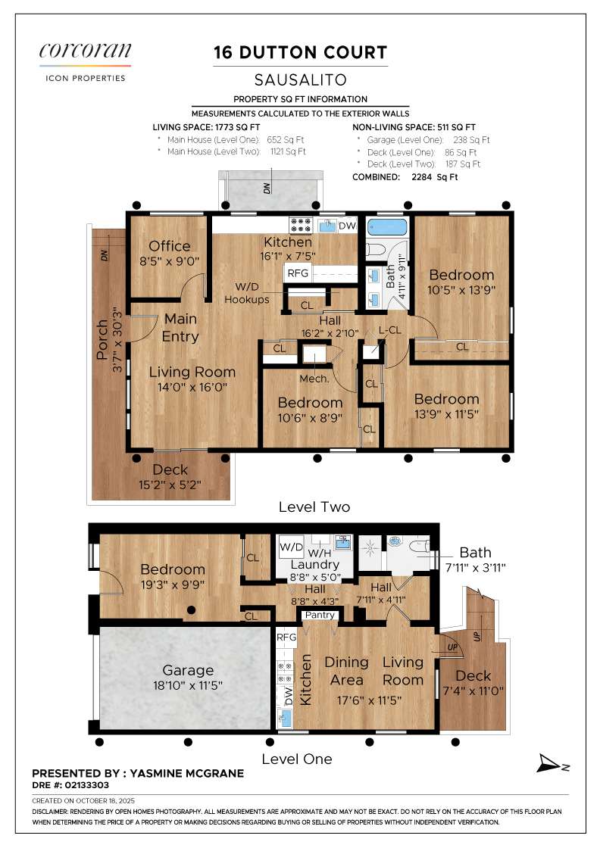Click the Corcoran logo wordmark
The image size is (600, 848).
tap(85, 50)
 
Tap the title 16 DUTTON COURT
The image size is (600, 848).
tap(300, 52)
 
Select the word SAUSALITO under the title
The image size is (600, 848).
tap(300, 80)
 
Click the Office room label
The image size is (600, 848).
tap(170, 246)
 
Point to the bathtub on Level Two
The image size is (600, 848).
tap(387, 226)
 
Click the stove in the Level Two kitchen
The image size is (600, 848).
tap(300, 225)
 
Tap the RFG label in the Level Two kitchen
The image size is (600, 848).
tap(298, 273)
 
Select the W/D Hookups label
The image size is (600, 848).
tap(247, 293)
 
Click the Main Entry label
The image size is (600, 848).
tap(181, 328)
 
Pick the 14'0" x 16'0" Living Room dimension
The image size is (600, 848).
tap(192, 387)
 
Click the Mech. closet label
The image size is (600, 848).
tap(314, 379)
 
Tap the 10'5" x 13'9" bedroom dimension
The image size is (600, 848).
tap(461, 290)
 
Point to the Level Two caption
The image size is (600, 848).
tap(314, 507)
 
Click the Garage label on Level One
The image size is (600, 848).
tap(188, 671)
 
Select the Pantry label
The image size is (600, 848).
tap(320, 615)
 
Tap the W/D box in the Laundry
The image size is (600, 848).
tap(291, 547)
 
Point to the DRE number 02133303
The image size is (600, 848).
tap(86, 785)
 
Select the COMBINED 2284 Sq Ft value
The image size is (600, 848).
tap(434, 177)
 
